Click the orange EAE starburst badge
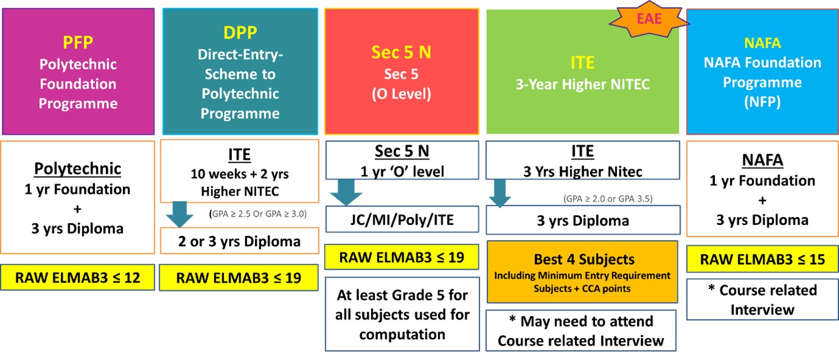coord(649,20)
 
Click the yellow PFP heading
coord(78,42)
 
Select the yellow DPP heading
coord(240,32)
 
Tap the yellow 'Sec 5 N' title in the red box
coord(401,53)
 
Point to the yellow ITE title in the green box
coord(582,62)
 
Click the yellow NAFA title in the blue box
coord(762,43)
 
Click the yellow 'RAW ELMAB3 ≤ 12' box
coord(78,277)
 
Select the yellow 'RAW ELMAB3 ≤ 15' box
coord(762,259)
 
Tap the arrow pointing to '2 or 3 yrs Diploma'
coord(180,215)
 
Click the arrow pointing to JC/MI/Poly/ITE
coord(346,193)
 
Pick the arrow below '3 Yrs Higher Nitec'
coord(500,193)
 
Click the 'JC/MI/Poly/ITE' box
coord(402,219)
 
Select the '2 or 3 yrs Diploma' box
coord(239,241)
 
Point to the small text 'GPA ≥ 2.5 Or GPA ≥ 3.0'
coord(257,214)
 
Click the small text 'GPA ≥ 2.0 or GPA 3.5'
coord(608,199)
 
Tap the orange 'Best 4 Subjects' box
coord(582,272)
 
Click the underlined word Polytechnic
coord(78,169)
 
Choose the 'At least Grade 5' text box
coord(402,314)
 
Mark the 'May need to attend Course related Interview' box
coord(581,331)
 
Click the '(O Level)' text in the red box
coord(401,94)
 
